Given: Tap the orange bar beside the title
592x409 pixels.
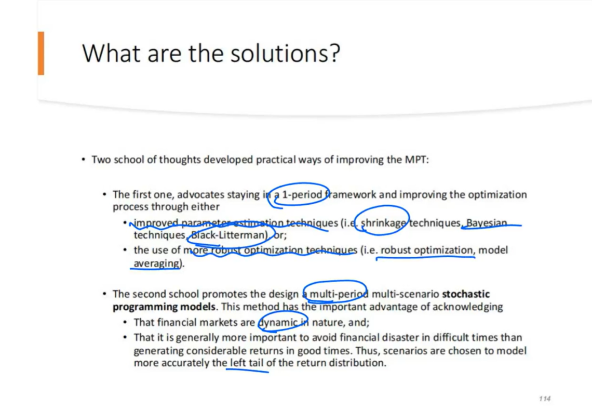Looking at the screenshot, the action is pyautogui.click(x=41, y=54).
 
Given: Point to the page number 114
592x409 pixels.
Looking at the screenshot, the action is pyautogui.click(x=545, y=399).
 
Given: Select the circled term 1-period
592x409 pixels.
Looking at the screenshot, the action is pyautogui.click(x=302, y=195).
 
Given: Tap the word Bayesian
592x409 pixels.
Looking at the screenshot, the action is pyautogui.click(x=487, y=223).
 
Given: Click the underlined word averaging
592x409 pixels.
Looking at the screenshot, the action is pyautogui.click(x=156, y=263).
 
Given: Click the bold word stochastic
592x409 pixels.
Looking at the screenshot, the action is pyautogui.click(x=466, y=294).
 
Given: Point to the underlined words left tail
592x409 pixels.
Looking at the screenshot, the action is pyautogui.click(x=247, y=363).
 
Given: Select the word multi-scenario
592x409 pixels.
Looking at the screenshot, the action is pyautogui.click(x=406, y=294).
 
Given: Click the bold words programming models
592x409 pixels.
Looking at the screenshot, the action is pyautogui.click(x=164, y=307).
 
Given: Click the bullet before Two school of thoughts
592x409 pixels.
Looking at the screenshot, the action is pyautogui.click(x=84, y=160).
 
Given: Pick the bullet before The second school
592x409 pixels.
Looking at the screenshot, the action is pyautogui.click(x=104, y=294).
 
